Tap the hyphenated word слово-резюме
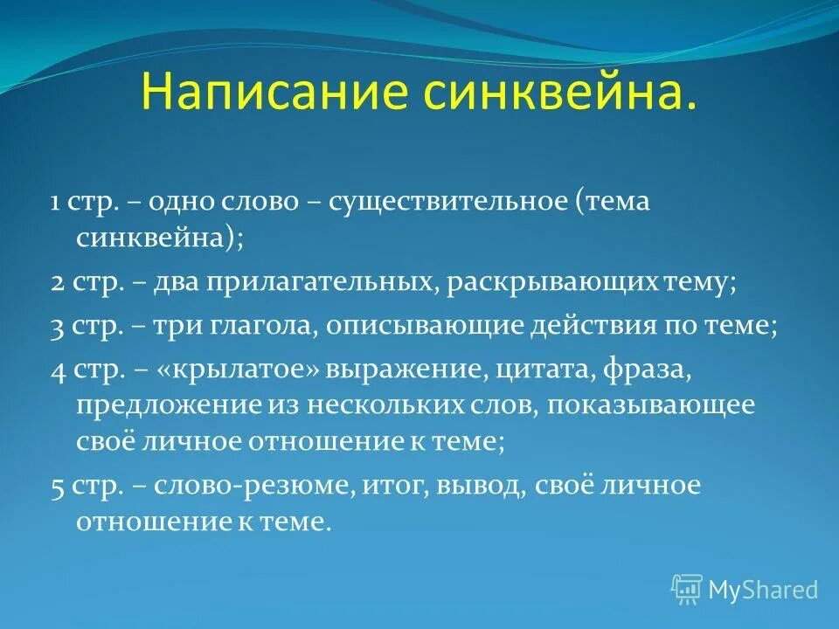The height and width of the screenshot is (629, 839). click(x=253, y=486)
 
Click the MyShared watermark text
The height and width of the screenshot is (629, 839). click(x=763, y=590)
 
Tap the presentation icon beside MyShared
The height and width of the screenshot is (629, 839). click(x=687, y=589)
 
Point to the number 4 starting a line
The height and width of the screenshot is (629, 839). click(x=57, y=370)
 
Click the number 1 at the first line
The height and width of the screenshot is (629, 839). click(x=54, y=203)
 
